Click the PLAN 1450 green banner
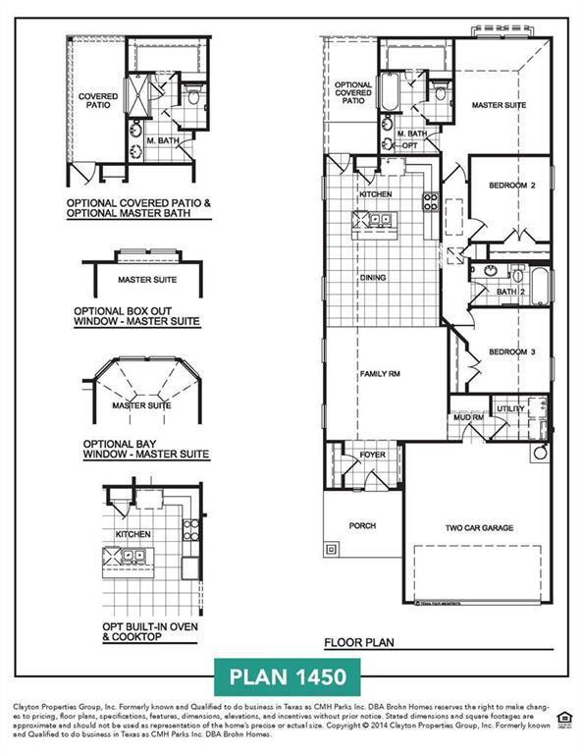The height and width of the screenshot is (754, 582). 288,677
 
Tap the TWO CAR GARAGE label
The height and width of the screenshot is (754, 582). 479,528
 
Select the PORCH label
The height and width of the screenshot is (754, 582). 362,526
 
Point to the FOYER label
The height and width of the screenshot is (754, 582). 373,455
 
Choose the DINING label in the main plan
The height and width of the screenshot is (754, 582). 373,278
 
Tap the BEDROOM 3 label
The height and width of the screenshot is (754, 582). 511,351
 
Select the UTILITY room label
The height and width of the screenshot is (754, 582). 510,407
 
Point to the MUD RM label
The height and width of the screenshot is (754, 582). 466,418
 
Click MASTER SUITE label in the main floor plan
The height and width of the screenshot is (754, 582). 499,104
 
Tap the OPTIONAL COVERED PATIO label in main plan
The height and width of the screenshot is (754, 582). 353,93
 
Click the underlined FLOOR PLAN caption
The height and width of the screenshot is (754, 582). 359,643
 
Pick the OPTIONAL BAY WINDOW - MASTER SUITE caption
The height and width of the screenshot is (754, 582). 146,449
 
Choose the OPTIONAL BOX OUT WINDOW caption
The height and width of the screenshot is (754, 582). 137,315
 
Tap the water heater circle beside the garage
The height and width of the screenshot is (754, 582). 539,453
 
